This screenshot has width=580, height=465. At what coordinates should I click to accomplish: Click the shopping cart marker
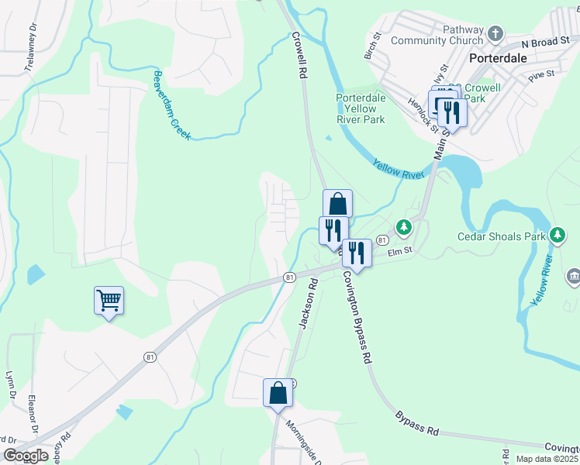(x=109, y=300)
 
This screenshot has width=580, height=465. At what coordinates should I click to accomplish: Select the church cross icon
(x=495, y=35)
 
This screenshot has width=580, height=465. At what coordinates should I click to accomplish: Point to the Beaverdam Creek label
(x=171, y=105)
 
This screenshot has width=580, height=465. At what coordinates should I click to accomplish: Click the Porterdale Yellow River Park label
(x=361, y=108)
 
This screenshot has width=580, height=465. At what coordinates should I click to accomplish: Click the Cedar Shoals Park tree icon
(x=558, y=235)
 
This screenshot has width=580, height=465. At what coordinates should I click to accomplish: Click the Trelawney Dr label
(x=31, y=48)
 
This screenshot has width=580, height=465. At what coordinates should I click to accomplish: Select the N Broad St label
(x=545, y=43)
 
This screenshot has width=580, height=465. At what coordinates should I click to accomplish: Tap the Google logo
(x=26, y=456)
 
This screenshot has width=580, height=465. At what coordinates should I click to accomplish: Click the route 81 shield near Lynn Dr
(x=148, y=356)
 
